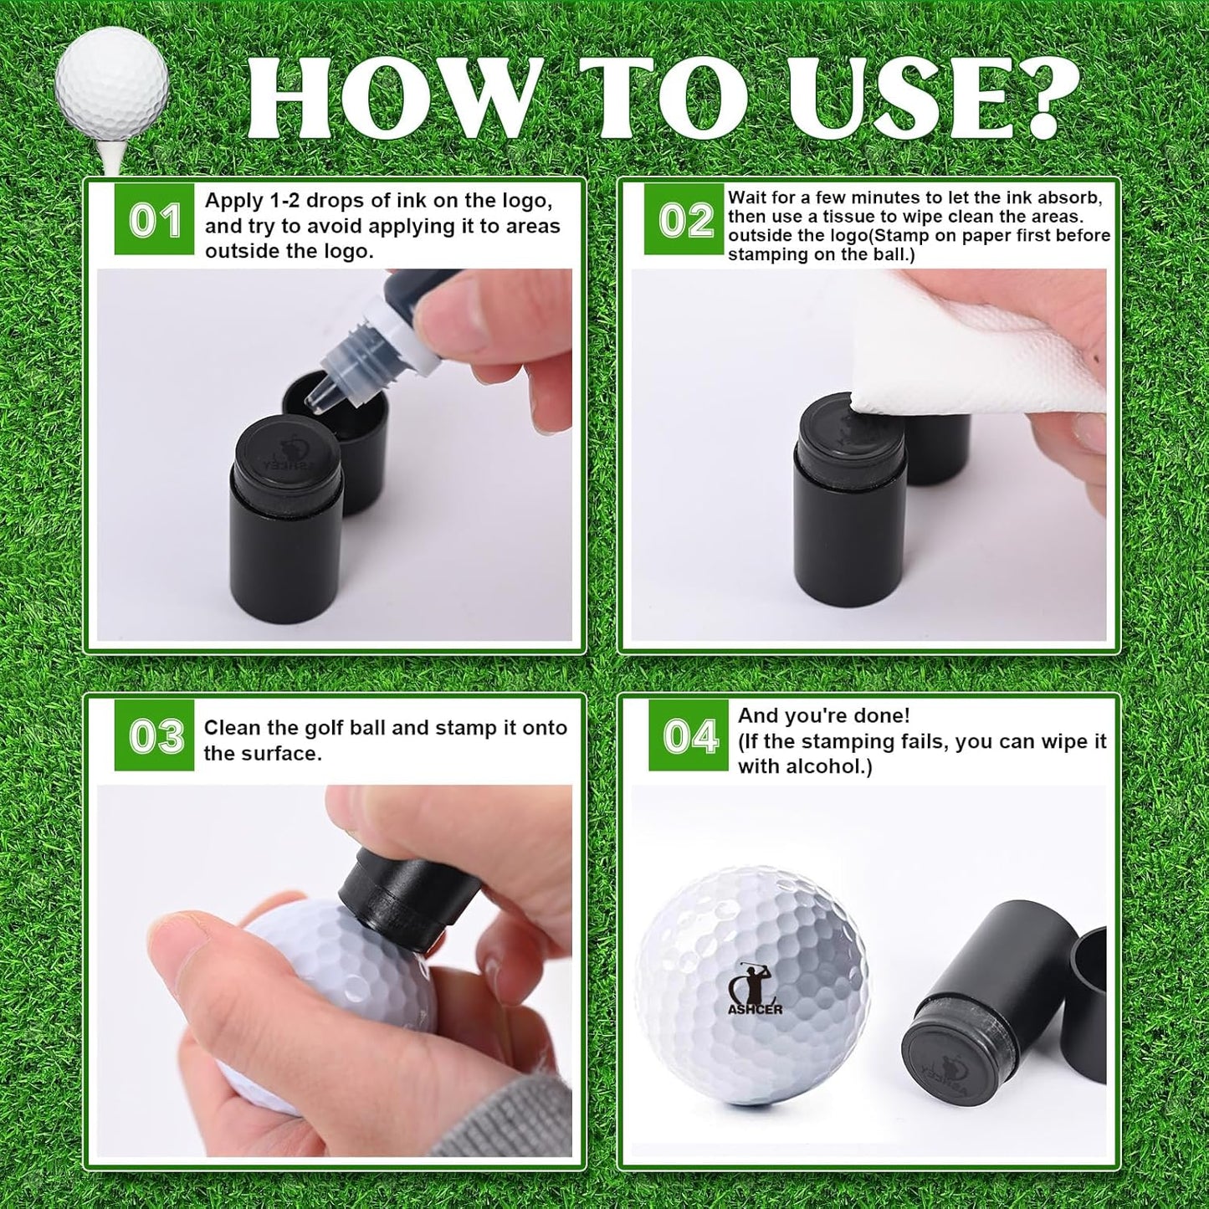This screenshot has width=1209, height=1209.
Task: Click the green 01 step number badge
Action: [x=154, y=220]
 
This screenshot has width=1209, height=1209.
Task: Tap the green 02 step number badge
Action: [x=684, y=220]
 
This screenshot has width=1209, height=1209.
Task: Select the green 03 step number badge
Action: [x=154, y=736]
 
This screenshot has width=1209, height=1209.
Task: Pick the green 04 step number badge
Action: [x=688, y=736]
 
